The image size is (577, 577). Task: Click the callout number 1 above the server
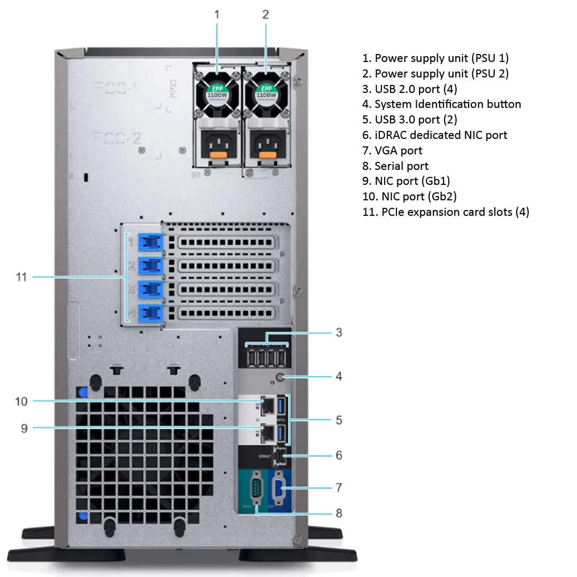(x=216, y=15)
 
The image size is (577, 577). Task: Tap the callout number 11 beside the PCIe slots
(x=21, y=277)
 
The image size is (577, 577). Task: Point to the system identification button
(x=280, y=377)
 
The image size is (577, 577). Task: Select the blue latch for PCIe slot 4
(x=150, y=313)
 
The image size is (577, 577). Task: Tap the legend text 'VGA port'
(x=398, y=151)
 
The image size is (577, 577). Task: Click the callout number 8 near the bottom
(x=339, y=513)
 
